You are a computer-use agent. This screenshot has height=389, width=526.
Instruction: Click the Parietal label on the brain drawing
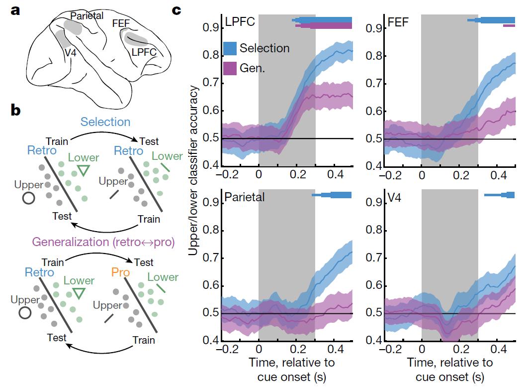pyautogui.click(x=87, y=16)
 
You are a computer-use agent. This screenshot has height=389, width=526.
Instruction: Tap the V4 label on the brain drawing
pyautogui.click(x=71, y=51)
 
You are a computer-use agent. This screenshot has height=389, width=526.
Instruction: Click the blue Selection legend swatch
pyautogui.click(x=230, y=48)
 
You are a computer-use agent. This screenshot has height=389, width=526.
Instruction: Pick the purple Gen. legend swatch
pyautogui.click(x=230, y=68)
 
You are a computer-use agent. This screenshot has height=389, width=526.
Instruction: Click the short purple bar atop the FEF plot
pyautogui.click(x=508, y=25)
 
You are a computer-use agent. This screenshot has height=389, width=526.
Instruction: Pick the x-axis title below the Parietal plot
pyautogui.click(x=285, y=368)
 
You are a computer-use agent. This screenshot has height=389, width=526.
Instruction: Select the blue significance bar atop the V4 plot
pyautogui.click(x=500, y=195)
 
